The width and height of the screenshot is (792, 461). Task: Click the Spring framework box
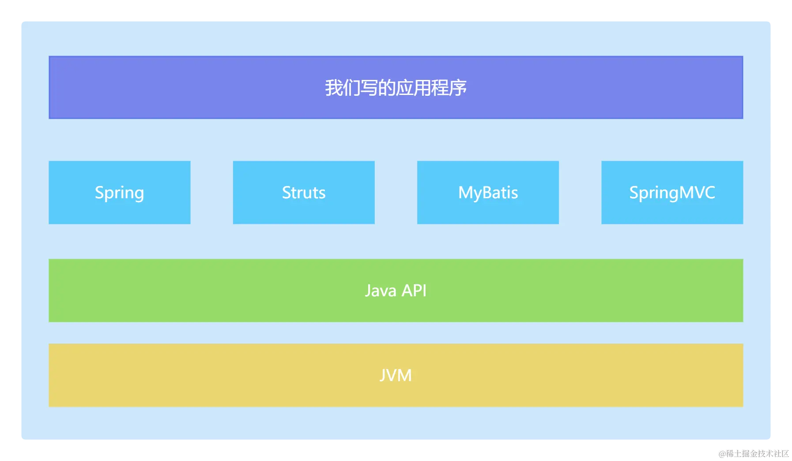(x=119, y=193)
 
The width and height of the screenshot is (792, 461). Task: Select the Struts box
(x=304, y=193)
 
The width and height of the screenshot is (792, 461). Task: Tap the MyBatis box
(x=488, y=193)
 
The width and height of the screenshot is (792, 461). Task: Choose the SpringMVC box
(x=672, y=193)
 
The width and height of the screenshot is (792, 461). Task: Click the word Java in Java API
(x=380, y=291)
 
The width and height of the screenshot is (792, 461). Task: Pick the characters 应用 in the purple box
(x=413, y=88)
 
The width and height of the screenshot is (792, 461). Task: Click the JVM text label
(x=396, y=375)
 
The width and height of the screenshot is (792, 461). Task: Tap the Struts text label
(x=304, y=193)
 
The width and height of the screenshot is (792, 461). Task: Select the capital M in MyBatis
(x=466, y=193)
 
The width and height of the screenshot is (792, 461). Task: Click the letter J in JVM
(x=383, y=375)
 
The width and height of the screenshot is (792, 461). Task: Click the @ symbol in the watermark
(x=722, y=453)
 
